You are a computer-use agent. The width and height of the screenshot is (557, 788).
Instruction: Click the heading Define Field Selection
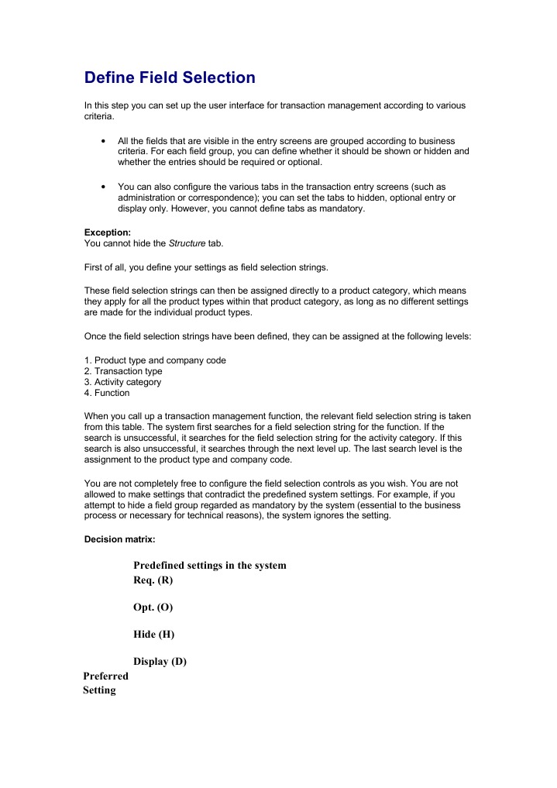169,78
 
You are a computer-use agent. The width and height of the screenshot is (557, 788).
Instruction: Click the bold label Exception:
107,232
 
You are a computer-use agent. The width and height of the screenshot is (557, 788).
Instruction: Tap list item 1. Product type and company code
155,360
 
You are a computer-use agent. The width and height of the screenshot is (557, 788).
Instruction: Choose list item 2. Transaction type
122,371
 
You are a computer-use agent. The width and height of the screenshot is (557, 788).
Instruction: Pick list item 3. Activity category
122,382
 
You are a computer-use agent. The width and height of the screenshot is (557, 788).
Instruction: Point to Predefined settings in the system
210,566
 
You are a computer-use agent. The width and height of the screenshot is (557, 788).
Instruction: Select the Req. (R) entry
153,580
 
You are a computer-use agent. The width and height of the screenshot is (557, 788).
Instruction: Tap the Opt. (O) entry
153,607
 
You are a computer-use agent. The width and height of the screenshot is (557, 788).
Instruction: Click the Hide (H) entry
153,635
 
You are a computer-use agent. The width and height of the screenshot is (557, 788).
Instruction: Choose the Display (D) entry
160,662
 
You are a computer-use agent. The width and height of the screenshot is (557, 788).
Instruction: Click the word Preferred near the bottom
105,676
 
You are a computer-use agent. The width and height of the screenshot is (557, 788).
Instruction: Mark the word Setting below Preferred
99,690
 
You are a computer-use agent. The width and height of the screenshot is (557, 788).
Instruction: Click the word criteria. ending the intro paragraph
98,116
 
